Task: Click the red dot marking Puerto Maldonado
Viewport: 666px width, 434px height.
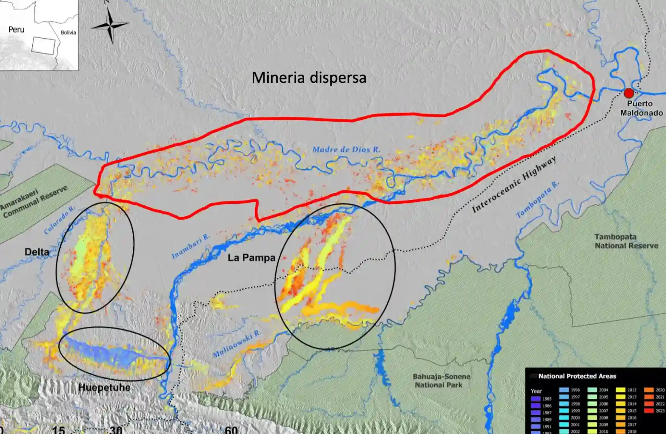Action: tap(629, 93)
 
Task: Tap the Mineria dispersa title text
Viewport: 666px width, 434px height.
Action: tap(309, 78)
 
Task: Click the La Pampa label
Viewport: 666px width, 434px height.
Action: tap(251, 258)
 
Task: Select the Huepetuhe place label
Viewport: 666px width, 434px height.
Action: tap(104, 387)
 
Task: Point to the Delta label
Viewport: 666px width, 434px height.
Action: tap(37, 252)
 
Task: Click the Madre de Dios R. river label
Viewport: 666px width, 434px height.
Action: tap(346, 149)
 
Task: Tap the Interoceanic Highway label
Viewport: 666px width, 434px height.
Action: tap(514, 184)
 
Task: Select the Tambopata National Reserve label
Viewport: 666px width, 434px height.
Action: tap(626, 241)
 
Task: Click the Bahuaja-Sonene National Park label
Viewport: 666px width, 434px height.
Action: tap(441, 381)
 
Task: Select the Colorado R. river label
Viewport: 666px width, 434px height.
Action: tap(60, 220)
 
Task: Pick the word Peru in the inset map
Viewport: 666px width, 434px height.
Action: tap(16, 29)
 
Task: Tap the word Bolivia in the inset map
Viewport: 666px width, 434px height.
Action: tap(68, 33)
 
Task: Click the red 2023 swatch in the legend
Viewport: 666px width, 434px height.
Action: tap(648, 411)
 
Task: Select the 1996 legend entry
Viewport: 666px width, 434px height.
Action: tap(569, 390)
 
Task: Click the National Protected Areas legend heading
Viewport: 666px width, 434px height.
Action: tap(577, 376)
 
